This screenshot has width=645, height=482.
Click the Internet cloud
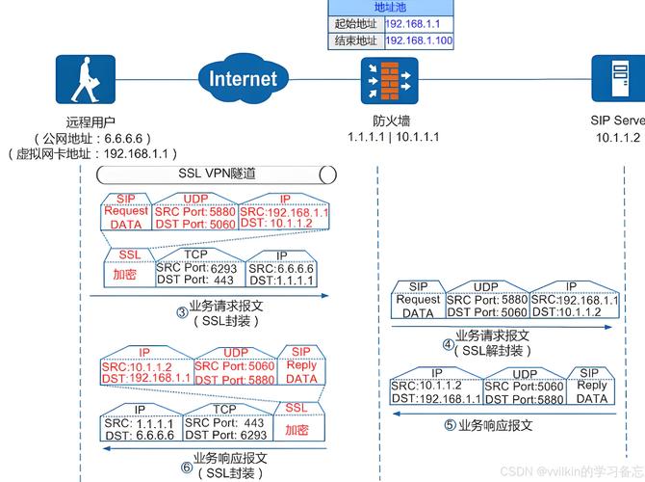(x=242, y=78)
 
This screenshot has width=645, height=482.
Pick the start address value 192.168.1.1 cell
(x=419, y=22)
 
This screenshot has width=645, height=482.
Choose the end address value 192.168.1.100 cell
(x=419, y=40)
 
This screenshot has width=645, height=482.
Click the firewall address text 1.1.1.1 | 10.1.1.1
(x=393, y=137)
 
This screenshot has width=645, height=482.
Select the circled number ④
(x=448, y=344)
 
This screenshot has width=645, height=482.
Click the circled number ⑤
(x=450, y=425)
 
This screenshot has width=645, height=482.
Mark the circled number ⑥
(x=186, y=468)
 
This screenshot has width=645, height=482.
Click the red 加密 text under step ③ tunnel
(x=124, y=275)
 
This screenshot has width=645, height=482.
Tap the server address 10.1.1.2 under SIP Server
(x=617, y=138)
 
